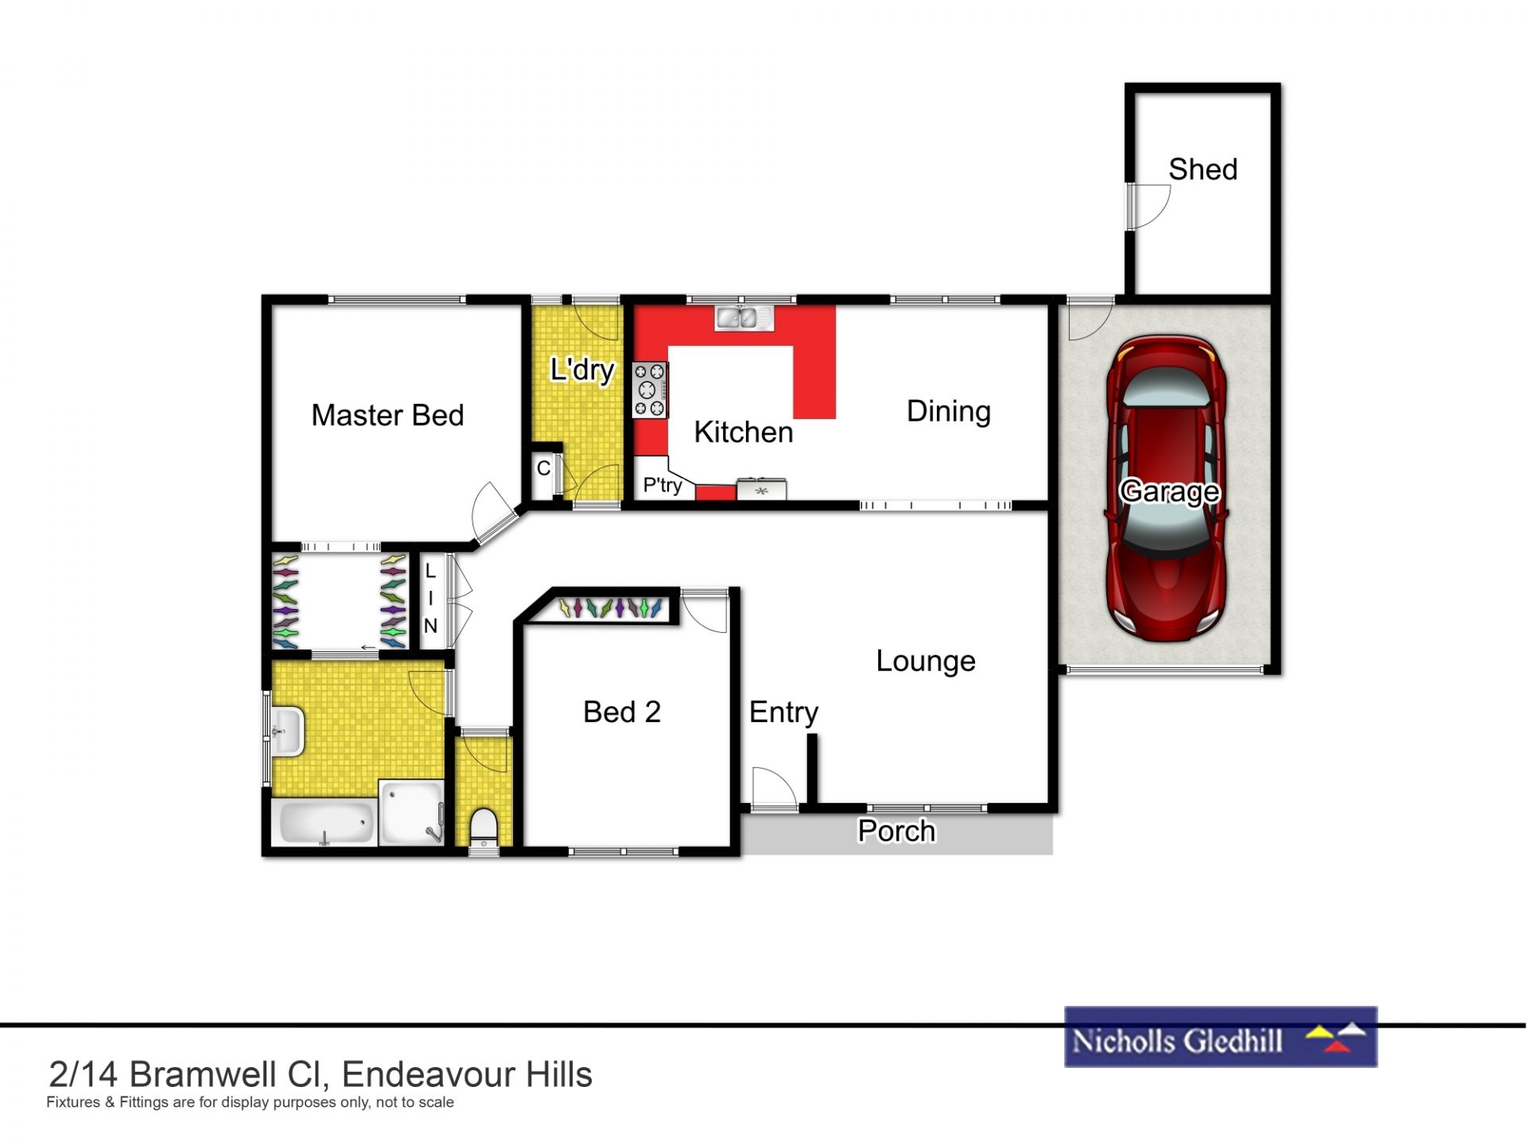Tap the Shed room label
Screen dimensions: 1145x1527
[x=1203, y=169]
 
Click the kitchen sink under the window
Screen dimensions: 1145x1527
[x=744, y=318]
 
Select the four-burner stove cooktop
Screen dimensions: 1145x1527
[x=650, y=390]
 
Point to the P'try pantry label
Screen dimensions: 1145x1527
[x=662, y=484]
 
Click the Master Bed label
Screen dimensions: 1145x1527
[x=387, y=415]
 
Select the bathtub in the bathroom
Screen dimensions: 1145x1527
[x=324, y=822]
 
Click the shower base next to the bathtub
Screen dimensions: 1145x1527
[x=411, y=812]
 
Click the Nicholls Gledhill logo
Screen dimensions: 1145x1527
[x=1220, y=1037]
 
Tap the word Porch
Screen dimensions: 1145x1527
[x=896, y=831]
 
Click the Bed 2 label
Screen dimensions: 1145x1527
[x=622, y=712]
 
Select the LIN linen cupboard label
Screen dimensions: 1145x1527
[x=430, y=598]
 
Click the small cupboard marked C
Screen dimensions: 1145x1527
[x=543, y=468]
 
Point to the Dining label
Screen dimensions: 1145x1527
[x=949, y=411]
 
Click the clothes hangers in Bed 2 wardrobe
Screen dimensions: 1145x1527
[x=610, y=608]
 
